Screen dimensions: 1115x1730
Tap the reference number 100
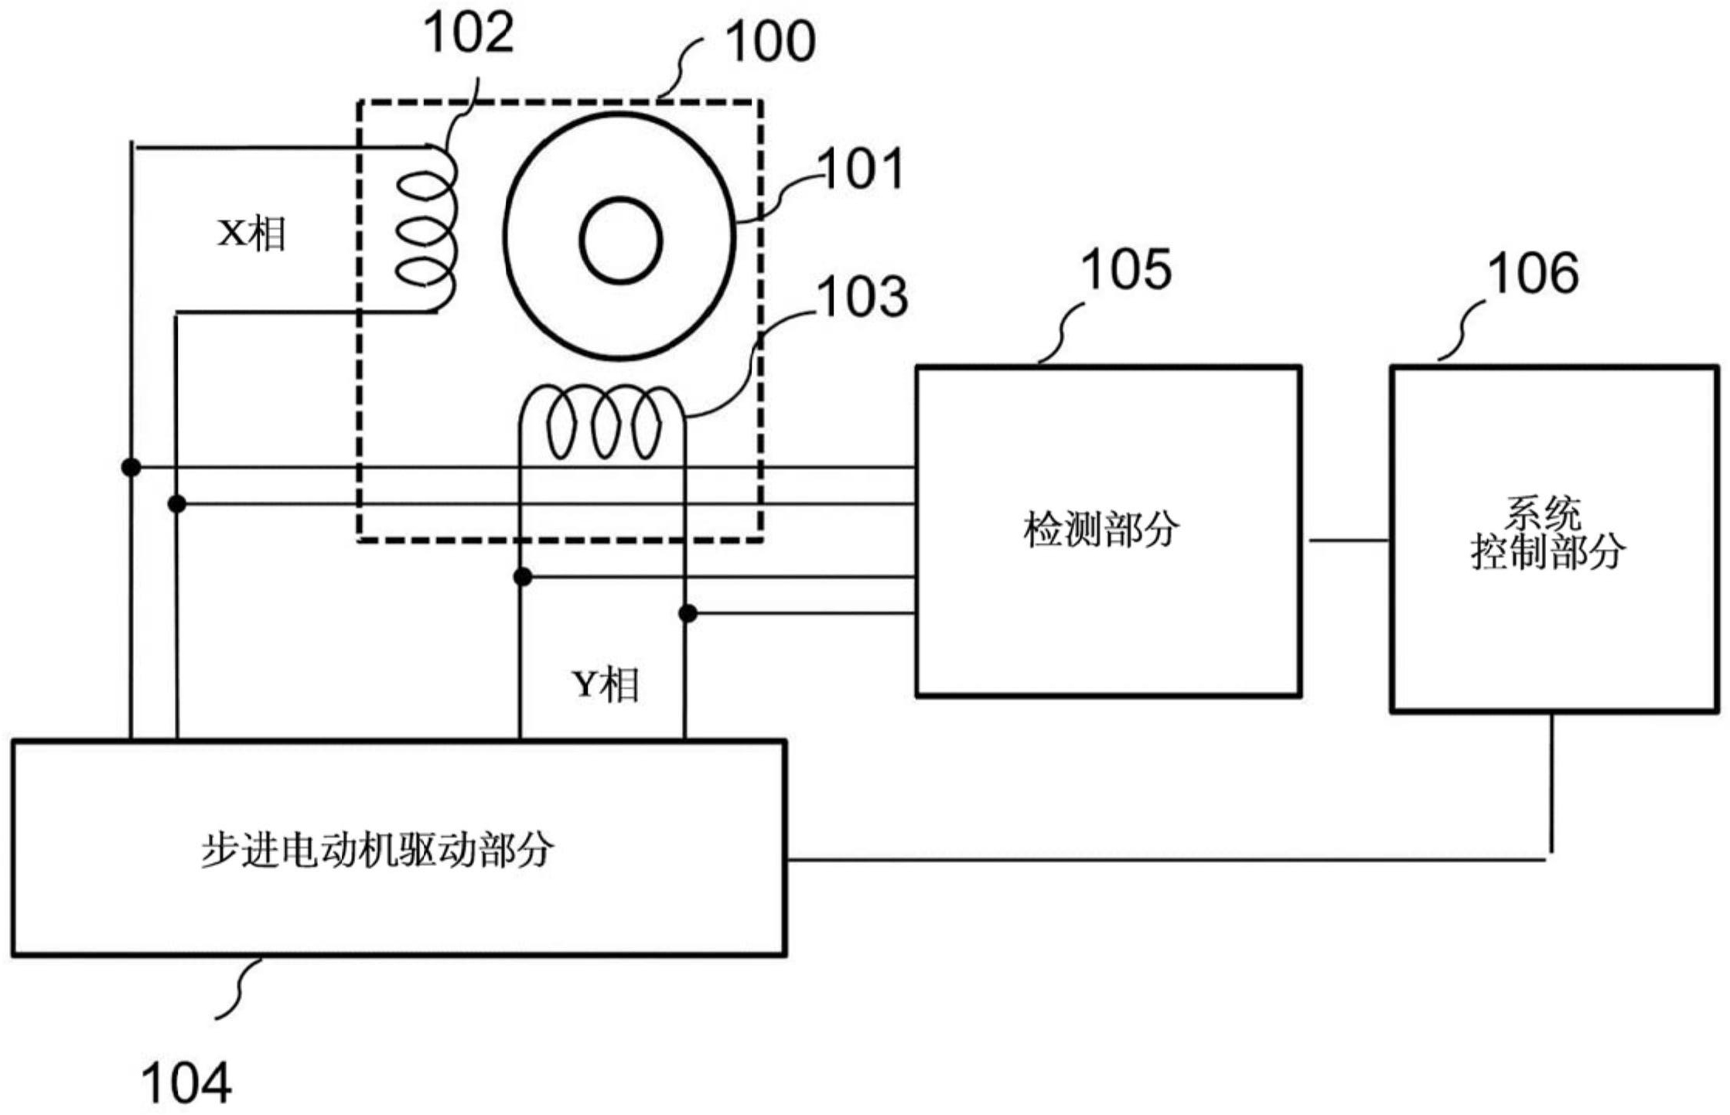point(770,42)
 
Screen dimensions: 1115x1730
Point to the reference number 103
point(863,297)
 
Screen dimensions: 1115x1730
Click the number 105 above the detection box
point(1126,270)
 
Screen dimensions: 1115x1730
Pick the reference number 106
point(1533,274)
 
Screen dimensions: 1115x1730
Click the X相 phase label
point(252,233)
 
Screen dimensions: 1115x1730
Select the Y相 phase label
point(606,684)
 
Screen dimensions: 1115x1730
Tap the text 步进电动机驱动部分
point(377,849)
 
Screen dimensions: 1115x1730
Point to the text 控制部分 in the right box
point(1547,552)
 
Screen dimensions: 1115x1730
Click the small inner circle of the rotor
point(620,240)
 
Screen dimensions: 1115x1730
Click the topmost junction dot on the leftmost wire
point(131,467)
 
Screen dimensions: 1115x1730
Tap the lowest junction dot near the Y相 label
point(688,614)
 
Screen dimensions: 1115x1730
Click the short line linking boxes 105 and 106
point(1346,540)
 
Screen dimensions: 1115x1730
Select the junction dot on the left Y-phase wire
point(523,577)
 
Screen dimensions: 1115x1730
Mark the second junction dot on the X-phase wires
point(177,504)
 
